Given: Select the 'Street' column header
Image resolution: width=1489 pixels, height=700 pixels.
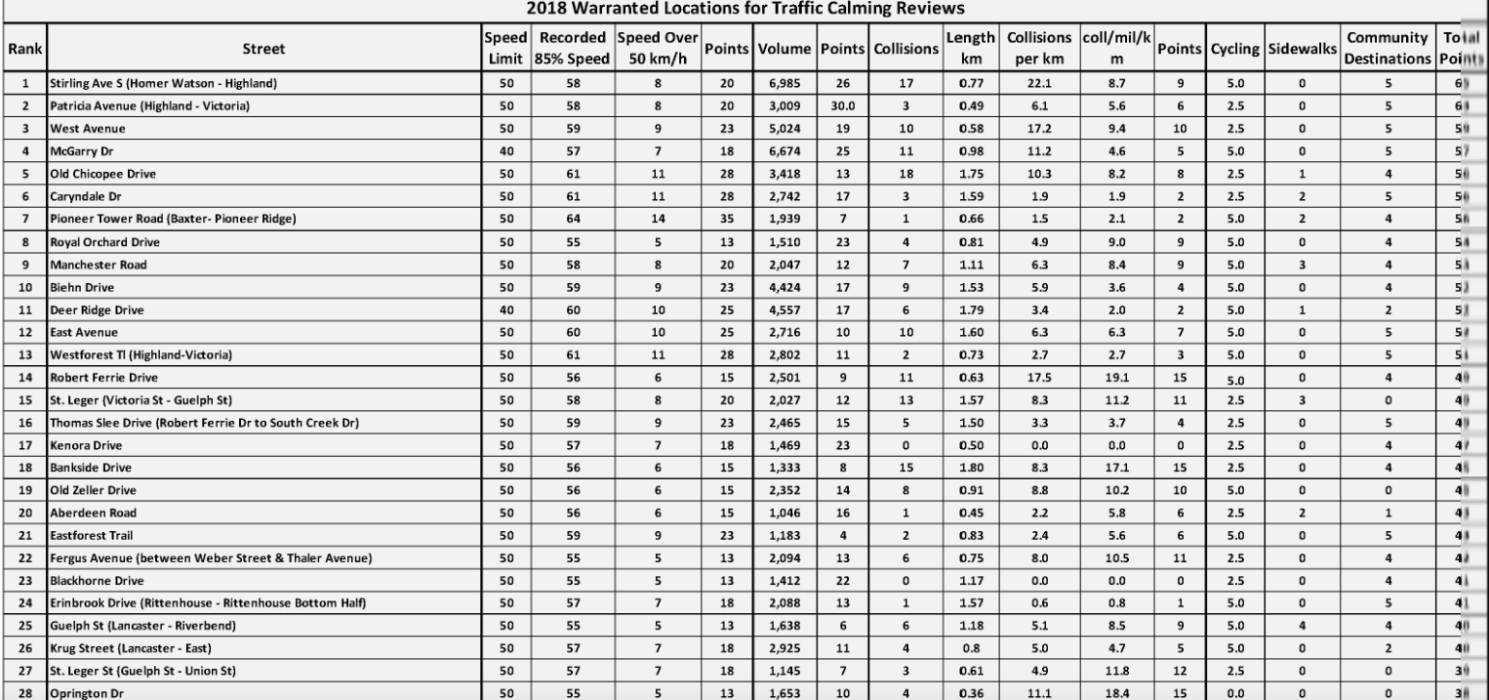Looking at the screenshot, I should [264, 47].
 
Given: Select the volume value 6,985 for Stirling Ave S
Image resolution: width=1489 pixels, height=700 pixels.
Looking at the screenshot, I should [778, 85].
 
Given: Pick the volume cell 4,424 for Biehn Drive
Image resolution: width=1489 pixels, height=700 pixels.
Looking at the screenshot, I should [778, 288].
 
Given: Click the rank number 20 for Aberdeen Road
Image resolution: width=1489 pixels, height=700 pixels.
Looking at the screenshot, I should [23, 513].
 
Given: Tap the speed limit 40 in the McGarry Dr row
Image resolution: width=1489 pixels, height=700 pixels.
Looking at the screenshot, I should [506, 152].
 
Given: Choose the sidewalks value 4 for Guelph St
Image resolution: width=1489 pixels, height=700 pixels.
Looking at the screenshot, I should [1302, 625].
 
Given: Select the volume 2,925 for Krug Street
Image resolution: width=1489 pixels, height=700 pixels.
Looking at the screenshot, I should [778, 647].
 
